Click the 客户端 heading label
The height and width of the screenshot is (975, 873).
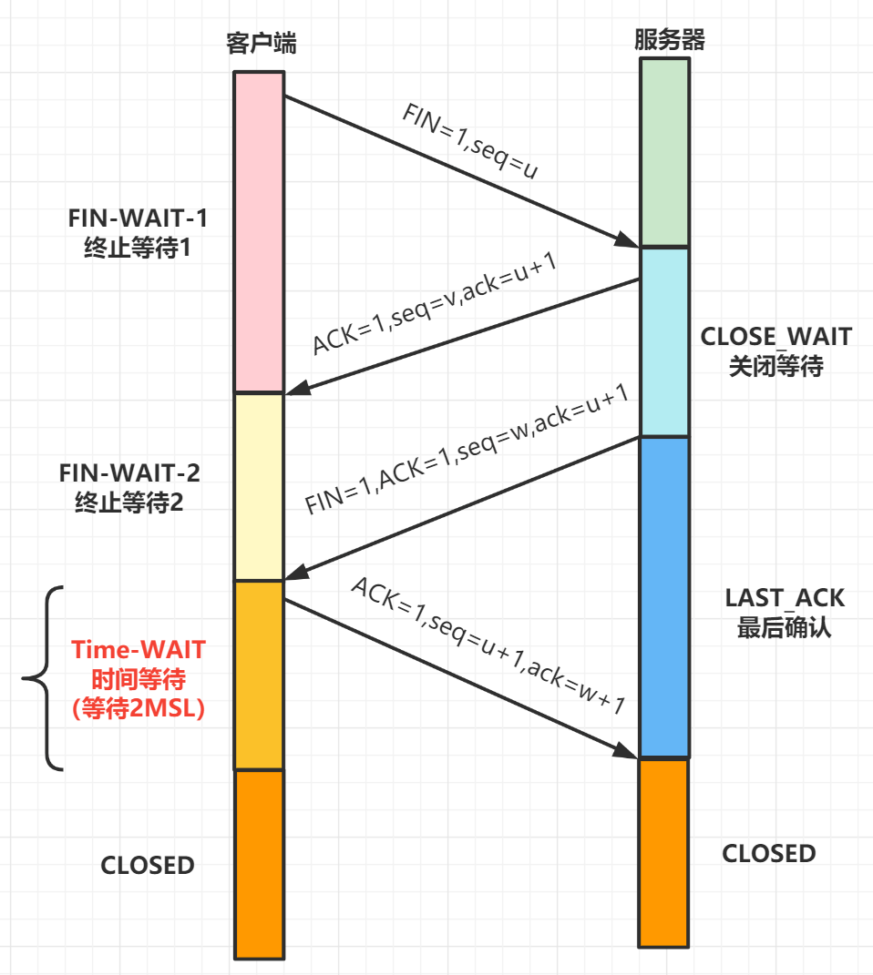[x=261, y=44]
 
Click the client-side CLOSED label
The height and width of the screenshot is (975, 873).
[x=148, y=864]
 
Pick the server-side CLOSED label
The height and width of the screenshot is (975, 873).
[x=769, y=853]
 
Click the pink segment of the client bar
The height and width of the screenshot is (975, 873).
[x=260, y=232]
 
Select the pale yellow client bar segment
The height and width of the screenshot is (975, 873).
[x=260, y=487]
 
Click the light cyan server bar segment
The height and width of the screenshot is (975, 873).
[x=664, y=341]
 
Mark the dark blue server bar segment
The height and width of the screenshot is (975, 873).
[x=664, y=596]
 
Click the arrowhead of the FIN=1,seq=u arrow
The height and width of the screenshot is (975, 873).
[x=629, y=240]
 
